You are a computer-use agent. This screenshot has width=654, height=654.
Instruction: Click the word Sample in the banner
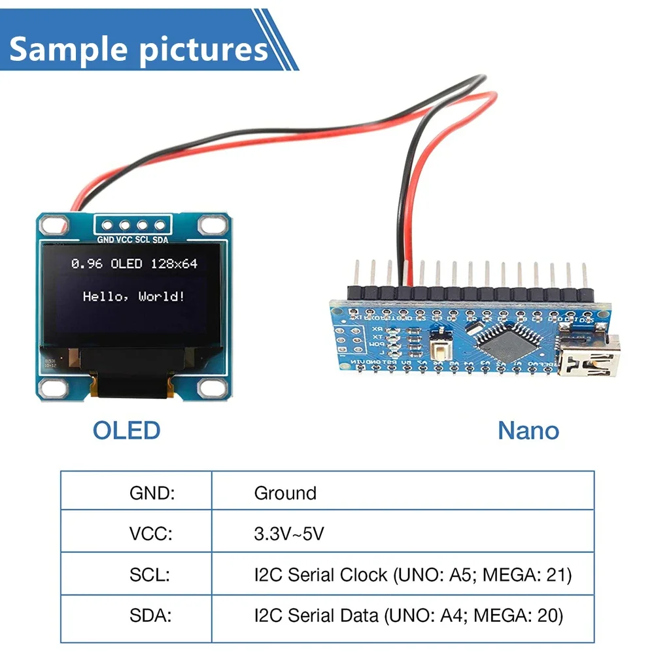66,49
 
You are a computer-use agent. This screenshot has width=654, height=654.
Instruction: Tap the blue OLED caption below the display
126,430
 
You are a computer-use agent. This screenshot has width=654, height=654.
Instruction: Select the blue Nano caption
528,430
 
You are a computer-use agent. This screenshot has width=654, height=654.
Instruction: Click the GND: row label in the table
152,493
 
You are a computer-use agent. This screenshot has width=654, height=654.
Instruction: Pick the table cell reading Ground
285,493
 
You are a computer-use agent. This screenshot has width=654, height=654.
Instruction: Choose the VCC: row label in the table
151,534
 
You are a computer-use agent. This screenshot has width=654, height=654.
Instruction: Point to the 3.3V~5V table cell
288,534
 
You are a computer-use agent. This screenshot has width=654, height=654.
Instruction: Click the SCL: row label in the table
150,575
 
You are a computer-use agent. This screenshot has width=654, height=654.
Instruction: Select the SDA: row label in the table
150,615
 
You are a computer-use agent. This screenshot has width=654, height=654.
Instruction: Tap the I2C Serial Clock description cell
413,575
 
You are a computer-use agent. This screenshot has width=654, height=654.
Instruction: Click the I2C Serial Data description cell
408,615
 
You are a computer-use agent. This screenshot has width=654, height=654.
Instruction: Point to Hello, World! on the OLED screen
134,296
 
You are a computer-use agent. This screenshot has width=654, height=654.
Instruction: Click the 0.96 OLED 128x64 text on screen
134,264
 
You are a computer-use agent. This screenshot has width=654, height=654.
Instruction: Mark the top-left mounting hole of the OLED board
50,226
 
